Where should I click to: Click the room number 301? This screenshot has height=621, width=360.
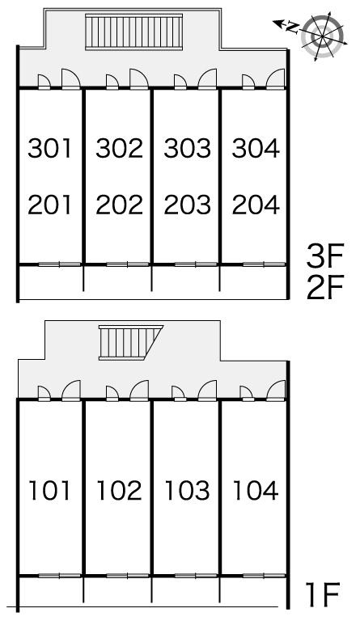point(50,148)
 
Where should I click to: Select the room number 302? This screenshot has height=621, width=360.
point(119,148)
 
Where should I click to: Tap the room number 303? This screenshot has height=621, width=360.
point(188,148)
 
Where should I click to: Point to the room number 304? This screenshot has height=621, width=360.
point(256,148)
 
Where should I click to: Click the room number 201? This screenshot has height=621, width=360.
point(50,205)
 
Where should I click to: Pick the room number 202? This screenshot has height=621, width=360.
point(119,205)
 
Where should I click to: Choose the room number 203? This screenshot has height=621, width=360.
point(188,205)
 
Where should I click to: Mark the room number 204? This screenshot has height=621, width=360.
point(256,205)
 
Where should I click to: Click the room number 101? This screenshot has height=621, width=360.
point(50,490)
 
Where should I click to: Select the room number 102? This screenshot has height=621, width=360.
point(119,490)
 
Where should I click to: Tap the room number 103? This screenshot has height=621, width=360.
point(188,490)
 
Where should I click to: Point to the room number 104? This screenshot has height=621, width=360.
point(256,490)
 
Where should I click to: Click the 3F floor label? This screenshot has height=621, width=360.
point(324,256)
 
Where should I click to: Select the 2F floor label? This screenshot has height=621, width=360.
point(324,288)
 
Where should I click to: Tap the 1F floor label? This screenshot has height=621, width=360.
point(324,594)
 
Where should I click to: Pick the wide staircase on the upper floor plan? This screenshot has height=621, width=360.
point(133,32)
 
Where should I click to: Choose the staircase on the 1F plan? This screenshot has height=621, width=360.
point(131,342)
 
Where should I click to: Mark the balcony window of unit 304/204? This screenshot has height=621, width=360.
point(264,264)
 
